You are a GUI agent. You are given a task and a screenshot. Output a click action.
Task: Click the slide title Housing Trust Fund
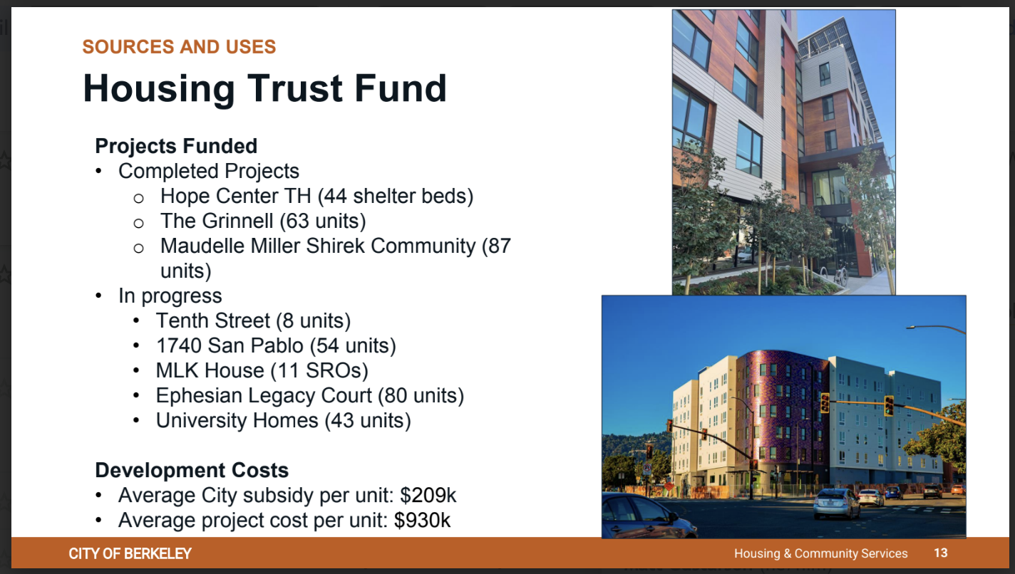(264, 89)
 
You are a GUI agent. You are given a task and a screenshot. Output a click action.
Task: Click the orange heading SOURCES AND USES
(179, 46)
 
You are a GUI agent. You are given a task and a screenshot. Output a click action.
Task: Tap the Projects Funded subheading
(176, 146)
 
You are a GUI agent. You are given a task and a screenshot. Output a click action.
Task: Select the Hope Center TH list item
(316, 196)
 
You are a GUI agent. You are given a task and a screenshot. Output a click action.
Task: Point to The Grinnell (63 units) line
(263, 221)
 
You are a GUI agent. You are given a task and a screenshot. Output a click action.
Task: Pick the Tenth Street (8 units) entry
(253, 320)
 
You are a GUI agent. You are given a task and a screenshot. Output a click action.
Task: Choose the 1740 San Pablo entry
(276, 345)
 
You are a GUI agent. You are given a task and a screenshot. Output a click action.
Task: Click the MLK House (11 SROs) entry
(262, 370)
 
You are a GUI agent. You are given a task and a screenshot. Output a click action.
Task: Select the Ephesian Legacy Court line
(310, 395)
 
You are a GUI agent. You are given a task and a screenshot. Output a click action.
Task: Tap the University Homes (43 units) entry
(283, 420)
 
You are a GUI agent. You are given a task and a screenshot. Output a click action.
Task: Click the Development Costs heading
(192, 470)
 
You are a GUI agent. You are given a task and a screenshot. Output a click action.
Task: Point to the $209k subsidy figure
(428, 495)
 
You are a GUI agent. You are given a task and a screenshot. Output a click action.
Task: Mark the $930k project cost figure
(422, 520)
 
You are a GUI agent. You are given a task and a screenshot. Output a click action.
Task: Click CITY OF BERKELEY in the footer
(130, 553)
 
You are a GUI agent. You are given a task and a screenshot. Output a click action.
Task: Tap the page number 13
(941, 553)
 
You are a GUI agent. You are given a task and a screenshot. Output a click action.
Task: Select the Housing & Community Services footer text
(820, 553)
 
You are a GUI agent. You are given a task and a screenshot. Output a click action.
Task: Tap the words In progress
(170, 296)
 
